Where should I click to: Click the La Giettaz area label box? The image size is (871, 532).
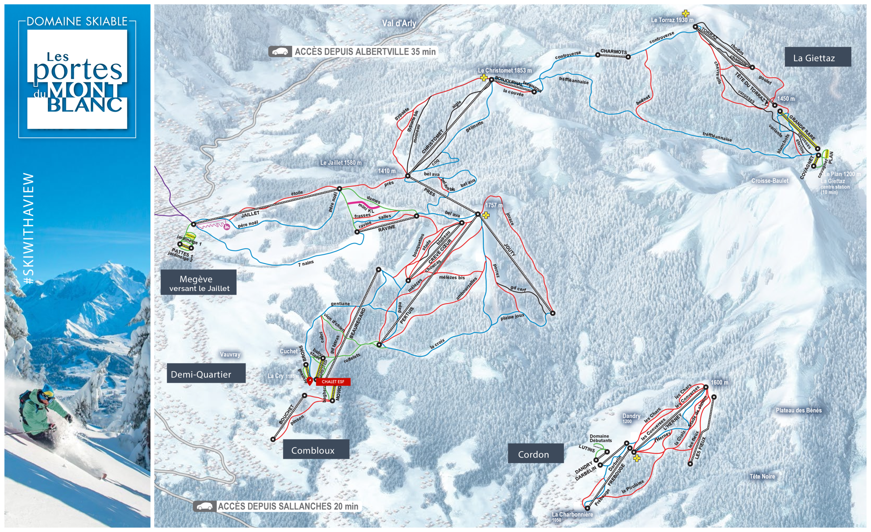(817, 57)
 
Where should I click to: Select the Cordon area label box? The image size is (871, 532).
(535, 453)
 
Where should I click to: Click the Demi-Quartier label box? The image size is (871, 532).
(206, 373)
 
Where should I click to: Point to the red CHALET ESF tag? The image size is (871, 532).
(333, 382)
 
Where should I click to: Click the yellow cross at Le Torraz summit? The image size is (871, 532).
(686, 13)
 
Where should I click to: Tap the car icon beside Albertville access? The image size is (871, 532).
(280, 52)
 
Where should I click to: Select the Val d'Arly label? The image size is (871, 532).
(399, 23)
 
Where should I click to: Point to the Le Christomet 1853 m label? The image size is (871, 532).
(505, 70)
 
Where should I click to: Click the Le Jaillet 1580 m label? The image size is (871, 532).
(341, 162)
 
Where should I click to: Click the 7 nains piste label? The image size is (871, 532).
(306, 263)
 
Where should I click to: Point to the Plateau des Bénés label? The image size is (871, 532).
(798, 410)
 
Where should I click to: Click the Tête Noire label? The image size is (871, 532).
(762, 476)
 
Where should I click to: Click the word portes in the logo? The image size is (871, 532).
(78, 70)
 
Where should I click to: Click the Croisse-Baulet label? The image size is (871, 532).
(770, 180)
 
